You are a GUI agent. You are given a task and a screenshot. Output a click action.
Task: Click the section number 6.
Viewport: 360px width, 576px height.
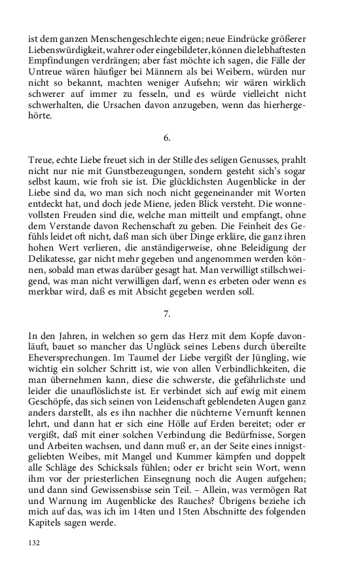coord(167,138)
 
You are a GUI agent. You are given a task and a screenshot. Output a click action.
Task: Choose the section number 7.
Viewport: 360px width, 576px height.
coord(167,314)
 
